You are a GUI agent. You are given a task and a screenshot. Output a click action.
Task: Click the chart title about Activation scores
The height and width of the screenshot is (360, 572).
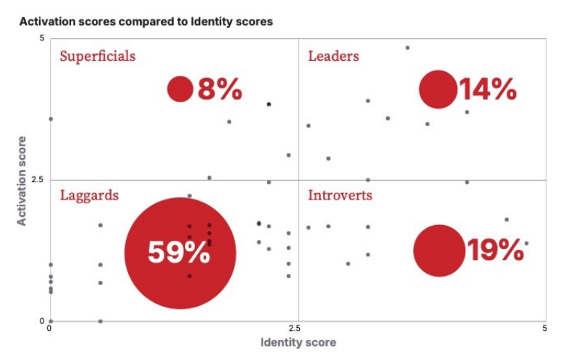pyautogui.click(x=146, y=22)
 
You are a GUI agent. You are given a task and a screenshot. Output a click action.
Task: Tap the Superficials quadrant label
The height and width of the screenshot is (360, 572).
pyautogui.click(x=97, y=56)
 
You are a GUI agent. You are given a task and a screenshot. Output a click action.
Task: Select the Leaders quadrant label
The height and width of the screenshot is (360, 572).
pyautogui.click(x=334, y=56)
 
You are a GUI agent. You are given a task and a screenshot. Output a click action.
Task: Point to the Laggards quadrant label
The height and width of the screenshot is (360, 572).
pyautogui.click(x=89, y=196)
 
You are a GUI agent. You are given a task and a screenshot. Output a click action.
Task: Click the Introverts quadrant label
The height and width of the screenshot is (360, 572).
pyautogui.click(x=340, y=196)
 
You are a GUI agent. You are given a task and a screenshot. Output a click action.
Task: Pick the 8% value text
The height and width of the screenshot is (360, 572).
pyautogui.click(x=220, y=90)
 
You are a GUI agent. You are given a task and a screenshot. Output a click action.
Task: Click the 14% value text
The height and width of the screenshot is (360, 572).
pyautogui.click(x=488, y=90)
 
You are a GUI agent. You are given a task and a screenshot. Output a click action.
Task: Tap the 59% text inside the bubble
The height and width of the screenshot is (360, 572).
pyautogui.click(x=179, y=252)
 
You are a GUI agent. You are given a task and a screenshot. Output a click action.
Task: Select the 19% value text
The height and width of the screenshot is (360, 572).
pyautogui.click(x=495, y=250)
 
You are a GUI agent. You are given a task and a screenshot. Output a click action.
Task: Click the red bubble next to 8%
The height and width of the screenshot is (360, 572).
pyautogui.click(x=181, y=89)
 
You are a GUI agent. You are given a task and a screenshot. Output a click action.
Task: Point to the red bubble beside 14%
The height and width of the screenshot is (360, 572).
pyautogui.click(x=438, y=89)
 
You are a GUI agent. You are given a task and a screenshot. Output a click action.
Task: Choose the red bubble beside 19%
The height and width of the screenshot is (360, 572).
pyautogui.click(x=439, y=250)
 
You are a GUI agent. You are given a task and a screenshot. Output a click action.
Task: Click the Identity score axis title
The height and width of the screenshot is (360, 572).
pyautogui.click(x=298, y=343)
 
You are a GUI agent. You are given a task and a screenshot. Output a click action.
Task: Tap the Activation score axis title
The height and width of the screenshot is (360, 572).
pyautogui.click(x=22, y=180)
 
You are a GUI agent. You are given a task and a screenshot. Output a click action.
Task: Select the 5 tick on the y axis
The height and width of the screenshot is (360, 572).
pyautogui.click(x=43, y=38)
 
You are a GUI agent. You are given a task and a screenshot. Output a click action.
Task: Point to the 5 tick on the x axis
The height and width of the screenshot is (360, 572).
pyautogui.click(x=545, y=328)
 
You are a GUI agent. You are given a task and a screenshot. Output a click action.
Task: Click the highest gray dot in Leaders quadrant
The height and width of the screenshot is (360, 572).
pyautogui.click(x=407, y=47)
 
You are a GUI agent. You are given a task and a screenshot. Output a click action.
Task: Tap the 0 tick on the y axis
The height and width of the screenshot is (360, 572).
pyautogui.click(x=42, y=321)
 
